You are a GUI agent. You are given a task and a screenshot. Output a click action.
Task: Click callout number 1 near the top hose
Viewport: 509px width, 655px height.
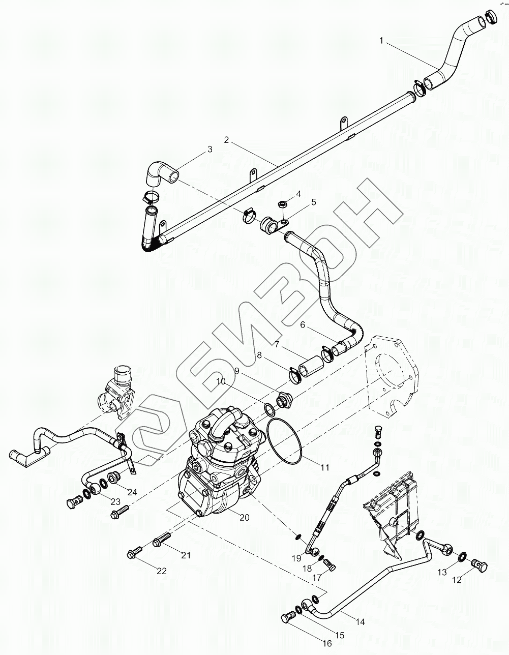[x=381, y=41]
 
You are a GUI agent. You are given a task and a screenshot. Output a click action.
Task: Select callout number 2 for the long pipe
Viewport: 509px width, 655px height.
[x=226, y=139]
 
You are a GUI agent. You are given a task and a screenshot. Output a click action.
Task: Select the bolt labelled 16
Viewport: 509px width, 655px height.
[x=286, y=618]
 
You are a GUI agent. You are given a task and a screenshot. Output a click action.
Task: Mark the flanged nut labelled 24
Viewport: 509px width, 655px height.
[x=113, y=479]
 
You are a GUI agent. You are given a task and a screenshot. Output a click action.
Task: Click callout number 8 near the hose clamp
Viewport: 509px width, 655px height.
[x=259, y=356]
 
